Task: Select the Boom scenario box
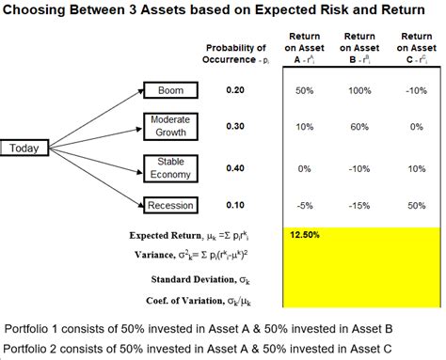coord(171,90)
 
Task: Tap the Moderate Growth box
coord(170,127)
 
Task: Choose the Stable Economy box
coord(170,167)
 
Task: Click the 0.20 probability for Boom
coord(235,90)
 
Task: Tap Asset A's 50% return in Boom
coord(304,90)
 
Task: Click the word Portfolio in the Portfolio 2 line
coord(26,349)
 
